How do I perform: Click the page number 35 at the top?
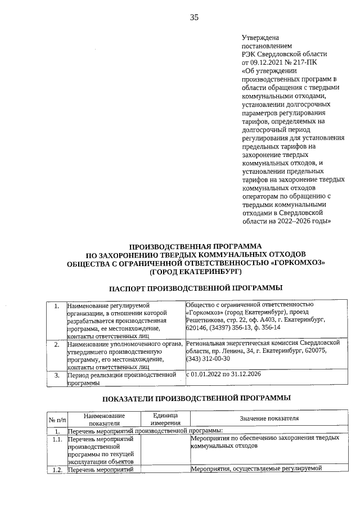194,17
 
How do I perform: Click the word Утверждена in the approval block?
259,37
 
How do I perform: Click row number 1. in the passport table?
56,307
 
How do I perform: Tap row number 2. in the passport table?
56,343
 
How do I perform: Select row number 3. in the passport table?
56,375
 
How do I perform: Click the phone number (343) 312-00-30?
208,359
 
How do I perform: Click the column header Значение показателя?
269,418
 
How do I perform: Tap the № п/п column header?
56,419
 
